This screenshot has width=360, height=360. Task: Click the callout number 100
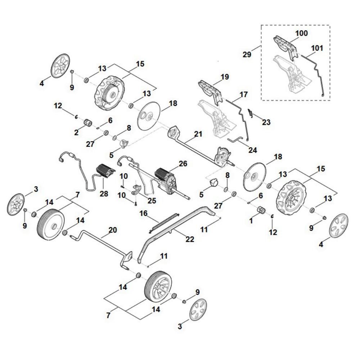(x=301, y=33)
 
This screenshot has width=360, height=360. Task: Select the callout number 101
(x=317, y=48)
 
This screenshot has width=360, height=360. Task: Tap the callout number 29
(x=247, y=55)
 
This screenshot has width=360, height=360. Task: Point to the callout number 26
(x=183, y=164)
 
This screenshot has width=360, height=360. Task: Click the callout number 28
(x=104, y=194)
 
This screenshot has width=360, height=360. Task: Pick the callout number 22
(x=190, y=239)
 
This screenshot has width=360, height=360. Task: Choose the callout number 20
(x=112, y=230)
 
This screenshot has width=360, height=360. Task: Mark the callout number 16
(x=144, y=213)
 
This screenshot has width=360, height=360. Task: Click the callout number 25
(x=152, y=201)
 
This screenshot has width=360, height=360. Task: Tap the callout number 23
(x=266, y=122)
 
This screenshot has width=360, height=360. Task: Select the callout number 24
(x=253, y=150)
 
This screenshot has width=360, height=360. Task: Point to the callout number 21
(x=198, y=134)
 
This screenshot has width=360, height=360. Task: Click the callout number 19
(x=225, y=77)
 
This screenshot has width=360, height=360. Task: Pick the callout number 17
(x=243, y=94)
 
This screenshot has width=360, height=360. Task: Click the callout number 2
(x=76, y=132)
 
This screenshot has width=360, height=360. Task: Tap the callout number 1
(x=251, y=221)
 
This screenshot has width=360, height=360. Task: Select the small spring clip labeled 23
(x=251, y=113)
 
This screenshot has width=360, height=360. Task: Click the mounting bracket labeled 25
(x=136, y=190)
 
